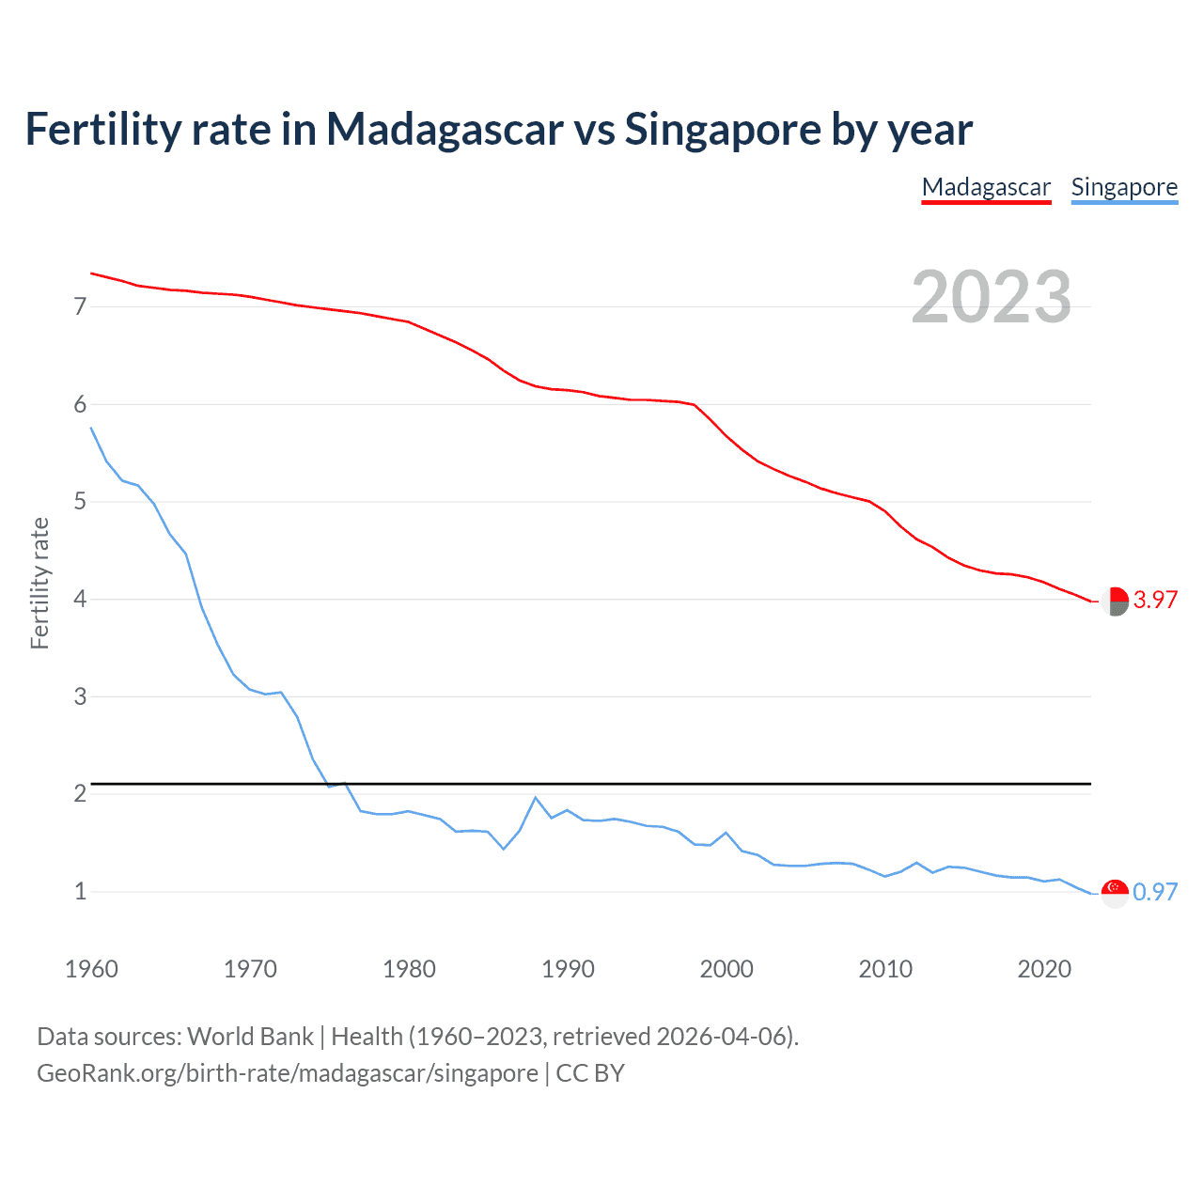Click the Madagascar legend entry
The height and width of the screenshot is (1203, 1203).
pyautogui.click(x=986, y=187)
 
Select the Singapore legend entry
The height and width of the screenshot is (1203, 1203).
pyautogui.click(x=1124, y=187)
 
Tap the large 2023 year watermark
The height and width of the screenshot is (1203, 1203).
pyautogui.click(x=992, y=297)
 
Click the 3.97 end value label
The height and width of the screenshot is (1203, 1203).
pyautogui.click(x=1155, y=600)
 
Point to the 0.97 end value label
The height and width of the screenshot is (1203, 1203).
pyautogui.click(x=1155, y=892)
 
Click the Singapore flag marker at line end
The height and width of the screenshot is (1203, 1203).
pyautogui.click(x=1115, y=893)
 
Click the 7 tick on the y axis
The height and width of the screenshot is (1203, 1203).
pyautogui.click(x=80, y=306)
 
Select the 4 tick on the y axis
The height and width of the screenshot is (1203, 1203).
pyautogui.click(x=80, y=599)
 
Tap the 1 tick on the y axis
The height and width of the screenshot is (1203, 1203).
pyautogui.click(x=80, y=891)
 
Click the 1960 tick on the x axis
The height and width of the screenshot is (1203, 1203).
pyautogui.click(x=91, y=969)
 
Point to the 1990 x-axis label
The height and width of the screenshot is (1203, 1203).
pyautogui.click(x=568, y=969)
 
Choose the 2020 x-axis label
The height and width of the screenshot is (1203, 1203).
pyautogui.click(x=1044, y=969)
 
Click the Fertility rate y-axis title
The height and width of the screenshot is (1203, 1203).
pyautogui.click(x=39, y=583)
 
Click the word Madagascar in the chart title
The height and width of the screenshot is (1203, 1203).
pyautogui.click(x=445, y=129)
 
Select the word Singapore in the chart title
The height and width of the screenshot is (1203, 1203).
pyautogui.click(x=722, y=129)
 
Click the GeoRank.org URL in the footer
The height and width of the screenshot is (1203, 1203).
pyautogui.click(x=288, y=1073)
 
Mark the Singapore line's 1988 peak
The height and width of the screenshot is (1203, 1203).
pyautogui.click(x=536, y=798)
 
